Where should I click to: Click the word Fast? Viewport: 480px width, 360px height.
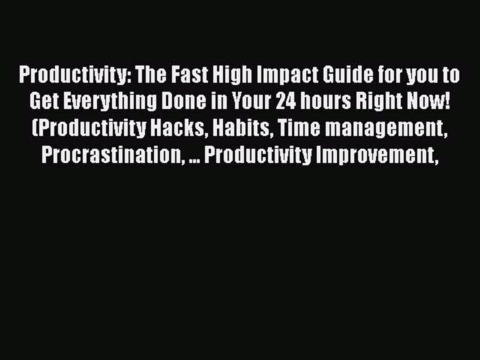point(190,76)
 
